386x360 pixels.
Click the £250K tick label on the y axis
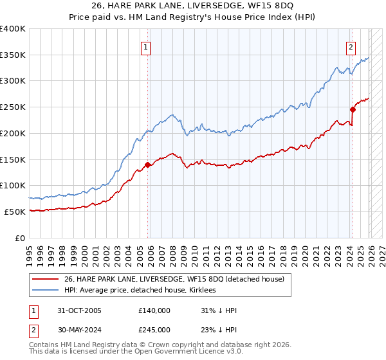point(13,107)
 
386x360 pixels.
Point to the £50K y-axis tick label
point(15,212)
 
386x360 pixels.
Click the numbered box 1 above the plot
point(146,47)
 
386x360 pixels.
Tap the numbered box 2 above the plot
point(351,47)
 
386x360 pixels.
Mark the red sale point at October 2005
point(147,165)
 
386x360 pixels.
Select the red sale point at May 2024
point(353,109)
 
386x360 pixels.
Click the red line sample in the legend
point(46,278)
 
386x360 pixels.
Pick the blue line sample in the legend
point(46,290)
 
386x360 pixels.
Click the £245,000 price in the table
point(154,330)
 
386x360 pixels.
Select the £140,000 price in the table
point(154,310)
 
